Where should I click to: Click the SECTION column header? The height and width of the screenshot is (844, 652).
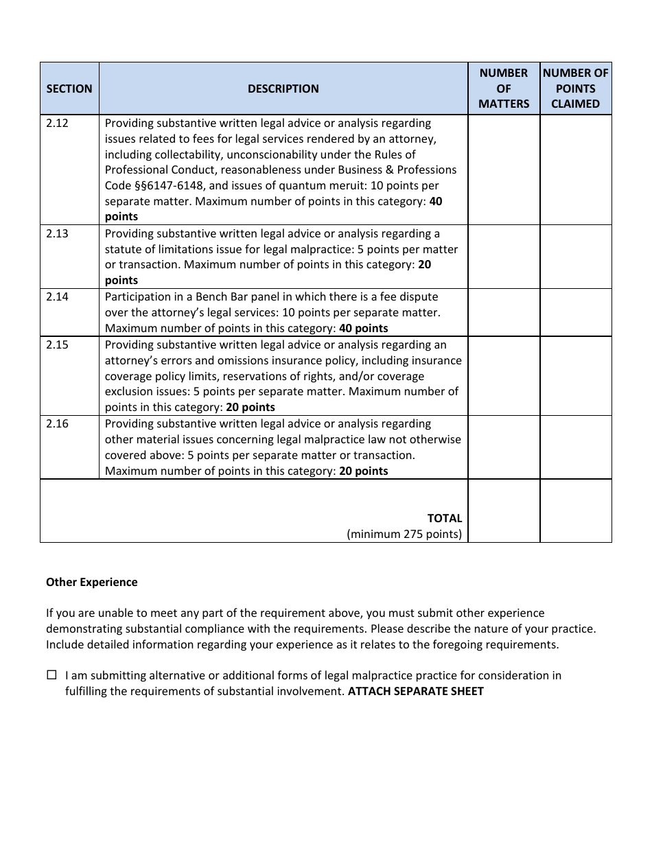pyautogui.click(x=69, y=89)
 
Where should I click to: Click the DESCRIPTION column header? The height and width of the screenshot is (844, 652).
pyautogui.click(x=283, y=89)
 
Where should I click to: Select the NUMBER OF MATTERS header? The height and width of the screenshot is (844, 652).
pyautogui.click(x=504, y=89)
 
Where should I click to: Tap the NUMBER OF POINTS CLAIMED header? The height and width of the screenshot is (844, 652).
pyautogui.click(x=575, y=89)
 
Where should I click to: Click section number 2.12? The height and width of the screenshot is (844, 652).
pyautogui.click(x=58, y=124)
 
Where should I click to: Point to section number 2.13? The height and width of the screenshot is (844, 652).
pyautogui.click(x=58, y=233)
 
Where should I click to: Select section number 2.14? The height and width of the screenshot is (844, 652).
pyautogui.click(x=58, y=297)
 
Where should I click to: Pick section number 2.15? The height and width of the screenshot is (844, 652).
pyautogui.click(x=58, y=345)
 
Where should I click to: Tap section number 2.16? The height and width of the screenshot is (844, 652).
pyautogui.click(x=58, y=424)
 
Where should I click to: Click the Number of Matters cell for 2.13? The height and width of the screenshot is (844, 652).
pyautogui.click(x=504, y=257)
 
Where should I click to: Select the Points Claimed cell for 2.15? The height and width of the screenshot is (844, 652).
pyautogui.click(x=575, y=376)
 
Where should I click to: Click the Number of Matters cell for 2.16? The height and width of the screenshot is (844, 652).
pyautogui.click(x=504, y=447)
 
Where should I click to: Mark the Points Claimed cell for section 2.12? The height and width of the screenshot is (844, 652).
pyautogui.click(x=575, y=169)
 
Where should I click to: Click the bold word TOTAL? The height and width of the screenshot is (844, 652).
pyautogui.click(x=445, y=518)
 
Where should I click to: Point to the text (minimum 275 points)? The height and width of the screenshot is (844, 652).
pyautogui.click(x=404, y=534)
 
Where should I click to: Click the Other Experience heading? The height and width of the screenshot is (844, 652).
pyautogui.click(x=91, y=582)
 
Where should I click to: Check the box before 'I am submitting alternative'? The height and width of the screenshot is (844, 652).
pyautogui.click(x=51, y=675)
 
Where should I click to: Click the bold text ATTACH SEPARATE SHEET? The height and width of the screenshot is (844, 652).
pyautogui.click(x=415, y=691)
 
